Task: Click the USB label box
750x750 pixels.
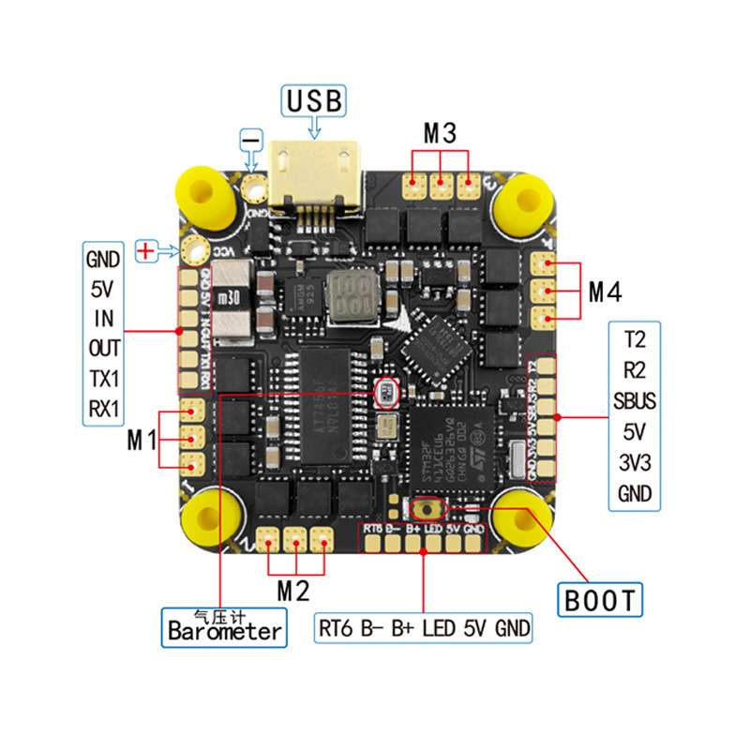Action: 315,98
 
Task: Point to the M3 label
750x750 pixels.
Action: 440,134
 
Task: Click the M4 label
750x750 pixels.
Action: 605,292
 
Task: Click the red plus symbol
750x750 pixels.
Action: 146,250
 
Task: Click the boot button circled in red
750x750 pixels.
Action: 429,509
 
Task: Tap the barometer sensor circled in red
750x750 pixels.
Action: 385,394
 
